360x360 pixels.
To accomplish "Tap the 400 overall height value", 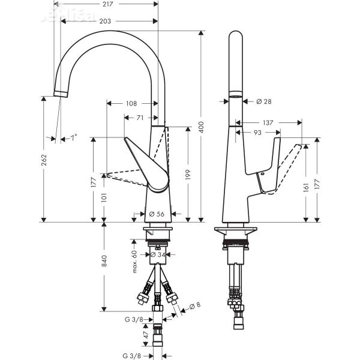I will click(202, 127).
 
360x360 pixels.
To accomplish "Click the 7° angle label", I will click(73, 138).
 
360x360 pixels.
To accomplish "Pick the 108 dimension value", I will click(131, 103).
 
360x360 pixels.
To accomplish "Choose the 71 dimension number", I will click(139, 118).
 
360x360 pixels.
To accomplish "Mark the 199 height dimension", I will click(190, 174).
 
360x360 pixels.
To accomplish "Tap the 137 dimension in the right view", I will click(268, 122).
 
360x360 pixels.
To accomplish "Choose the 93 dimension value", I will click(257, 132).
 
